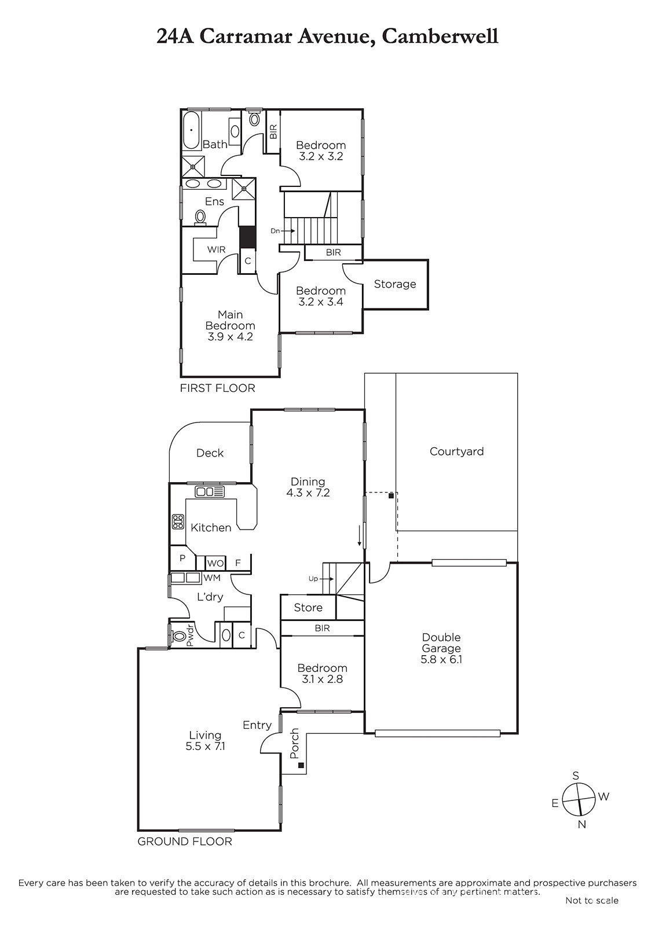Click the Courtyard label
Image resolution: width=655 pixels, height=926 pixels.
point(456,451)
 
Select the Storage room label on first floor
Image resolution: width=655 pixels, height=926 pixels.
point(395,284)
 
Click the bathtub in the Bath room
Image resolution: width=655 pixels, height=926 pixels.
point(192,130)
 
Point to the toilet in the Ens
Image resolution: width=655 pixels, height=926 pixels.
point(201,216)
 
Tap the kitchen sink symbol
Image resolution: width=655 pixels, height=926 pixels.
point(210,491)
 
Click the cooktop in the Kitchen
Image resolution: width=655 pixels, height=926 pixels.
point(178,521)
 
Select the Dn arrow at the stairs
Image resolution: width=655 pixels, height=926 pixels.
point(288,231)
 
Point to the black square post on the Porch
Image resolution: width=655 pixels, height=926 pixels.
point(301,765)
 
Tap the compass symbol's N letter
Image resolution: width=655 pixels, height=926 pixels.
point(582,824)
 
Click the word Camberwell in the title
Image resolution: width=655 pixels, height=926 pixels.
point(440,36)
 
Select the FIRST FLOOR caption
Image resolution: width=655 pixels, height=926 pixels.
point(218,388)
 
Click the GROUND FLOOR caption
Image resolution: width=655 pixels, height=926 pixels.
point(185,842)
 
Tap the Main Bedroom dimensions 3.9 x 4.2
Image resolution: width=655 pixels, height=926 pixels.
point(230,336)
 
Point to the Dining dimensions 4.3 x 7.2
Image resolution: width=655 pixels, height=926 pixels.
point(308,493)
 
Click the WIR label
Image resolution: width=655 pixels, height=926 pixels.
point(217,249)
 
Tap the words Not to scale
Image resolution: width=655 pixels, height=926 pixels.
point(592,901)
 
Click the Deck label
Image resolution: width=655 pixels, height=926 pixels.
point(210,453)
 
